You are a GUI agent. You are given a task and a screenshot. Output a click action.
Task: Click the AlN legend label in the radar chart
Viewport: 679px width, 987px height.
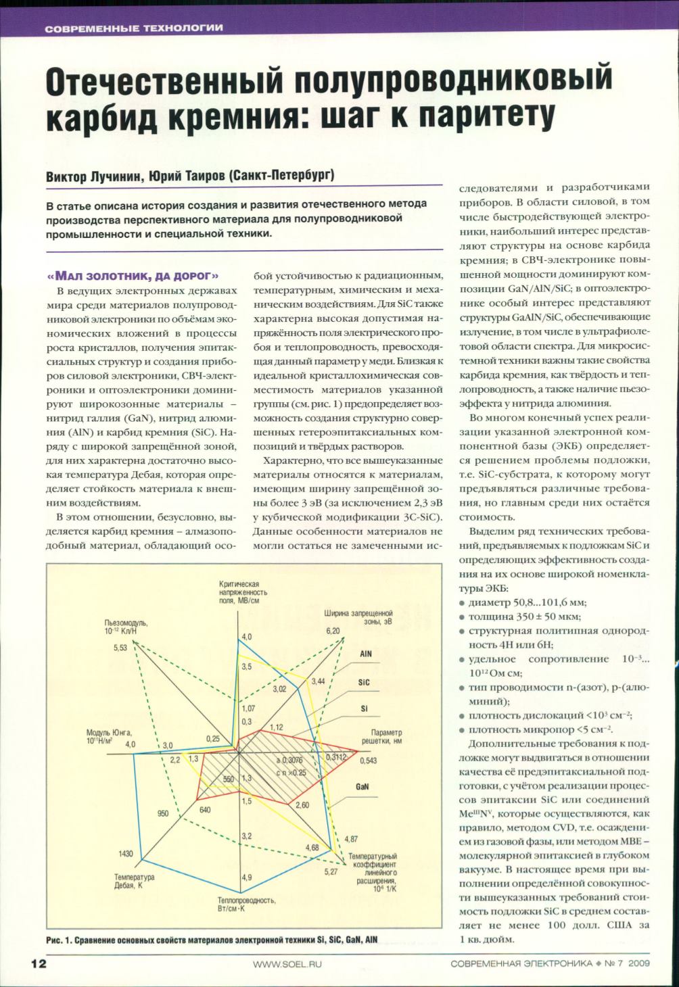click(365, 654)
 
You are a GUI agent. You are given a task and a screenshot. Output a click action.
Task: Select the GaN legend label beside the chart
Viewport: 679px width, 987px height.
click(362, 787)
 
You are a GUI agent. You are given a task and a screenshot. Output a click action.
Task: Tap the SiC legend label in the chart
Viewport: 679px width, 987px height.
click(364, 683)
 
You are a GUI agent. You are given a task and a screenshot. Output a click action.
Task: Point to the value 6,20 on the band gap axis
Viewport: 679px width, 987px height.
click(333, 631)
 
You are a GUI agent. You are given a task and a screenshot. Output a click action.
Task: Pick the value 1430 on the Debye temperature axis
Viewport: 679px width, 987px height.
click(126, 854)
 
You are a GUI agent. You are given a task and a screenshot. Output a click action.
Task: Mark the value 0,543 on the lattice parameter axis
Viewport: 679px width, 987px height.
click(369, 761)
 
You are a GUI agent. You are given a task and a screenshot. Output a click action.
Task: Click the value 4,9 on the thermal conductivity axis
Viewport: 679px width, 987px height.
click(246, 877)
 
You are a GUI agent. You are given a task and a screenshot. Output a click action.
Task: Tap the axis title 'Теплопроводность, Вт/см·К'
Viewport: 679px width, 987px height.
click(246, 905)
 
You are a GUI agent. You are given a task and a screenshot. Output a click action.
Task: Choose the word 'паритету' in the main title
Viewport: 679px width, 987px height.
click(486, 114)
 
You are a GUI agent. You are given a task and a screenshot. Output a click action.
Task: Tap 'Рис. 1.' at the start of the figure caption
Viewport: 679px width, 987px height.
click(59, 940)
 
